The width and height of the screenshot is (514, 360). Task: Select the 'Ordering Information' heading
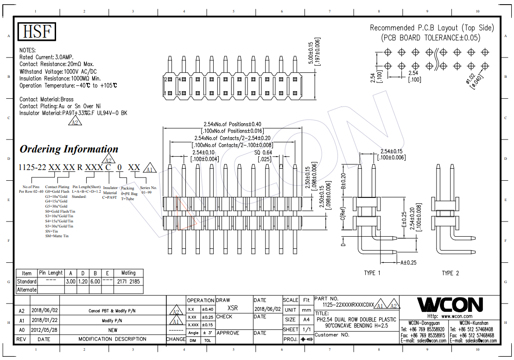[x=69, y=149]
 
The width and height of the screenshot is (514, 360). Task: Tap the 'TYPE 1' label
[x=372, y=273]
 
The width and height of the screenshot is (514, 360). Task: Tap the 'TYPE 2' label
[x=450, y=273]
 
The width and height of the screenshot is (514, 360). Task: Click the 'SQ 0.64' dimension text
[x=263, y=152]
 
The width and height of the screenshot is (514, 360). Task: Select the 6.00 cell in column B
[x=95, y=281]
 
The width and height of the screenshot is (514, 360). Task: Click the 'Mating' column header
[x=128, y=273]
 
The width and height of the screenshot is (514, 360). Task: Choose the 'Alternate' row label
[x=26, y=290]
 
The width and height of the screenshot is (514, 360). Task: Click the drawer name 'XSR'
[x=233, y=308]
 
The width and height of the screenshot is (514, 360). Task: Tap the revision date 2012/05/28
[x=44, y=330]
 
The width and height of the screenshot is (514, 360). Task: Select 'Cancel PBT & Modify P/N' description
[x=113, y=310]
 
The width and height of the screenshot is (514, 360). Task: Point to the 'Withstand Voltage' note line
[x=58, y=72]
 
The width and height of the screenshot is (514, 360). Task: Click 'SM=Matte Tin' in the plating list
[x=57, y=236]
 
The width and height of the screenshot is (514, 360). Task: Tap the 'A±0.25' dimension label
[x=408, y=262]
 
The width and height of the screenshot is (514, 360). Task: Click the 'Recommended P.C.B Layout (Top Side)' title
[x=432, y=28]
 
